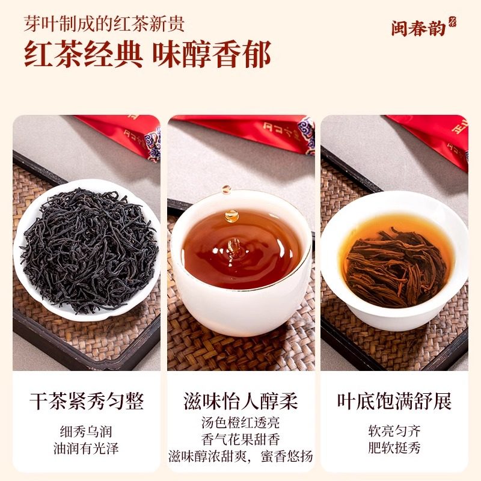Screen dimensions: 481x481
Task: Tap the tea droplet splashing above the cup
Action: (x=231, y=215)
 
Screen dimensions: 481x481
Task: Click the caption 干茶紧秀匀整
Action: (x=87, y=401)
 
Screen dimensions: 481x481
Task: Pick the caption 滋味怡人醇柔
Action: (x=240, y=401)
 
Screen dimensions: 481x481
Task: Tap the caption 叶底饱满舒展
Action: (x=394, y=401)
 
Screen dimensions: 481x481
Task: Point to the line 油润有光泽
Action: (x=87, y=447)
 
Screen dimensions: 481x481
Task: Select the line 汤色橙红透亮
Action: (x=240, y=423)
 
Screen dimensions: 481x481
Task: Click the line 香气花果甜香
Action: (x=240, y=440)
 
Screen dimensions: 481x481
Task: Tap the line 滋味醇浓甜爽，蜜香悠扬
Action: (x=240, y=456)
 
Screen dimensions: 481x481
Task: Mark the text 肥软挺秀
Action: (x=394, y=447)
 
